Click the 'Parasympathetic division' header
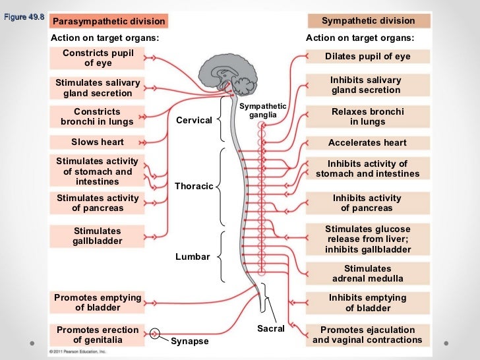(109, 22)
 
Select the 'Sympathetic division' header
(368, 21)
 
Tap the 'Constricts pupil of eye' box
(98, 58)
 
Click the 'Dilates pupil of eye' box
(368, 57)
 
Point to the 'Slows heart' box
(98, 142)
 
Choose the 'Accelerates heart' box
(368, 142)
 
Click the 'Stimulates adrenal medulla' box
(368, 274)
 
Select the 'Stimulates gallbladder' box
(98, 236)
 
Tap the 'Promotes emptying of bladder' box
(98, 303)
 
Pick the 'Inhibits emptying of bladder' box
(368, 303)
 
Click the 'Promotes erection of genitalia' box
(98, 335)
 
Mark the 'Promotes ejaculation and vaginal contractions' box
(368, 335)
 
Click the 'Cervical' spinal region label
(194, 120)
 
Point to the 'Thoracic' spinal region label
(194, 186)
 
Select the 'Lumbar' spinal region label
(192, 256)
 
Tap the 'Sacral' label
(270, 328)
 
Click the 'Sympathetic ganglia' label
(262, 111)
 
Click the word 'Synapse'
(189, 342)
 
